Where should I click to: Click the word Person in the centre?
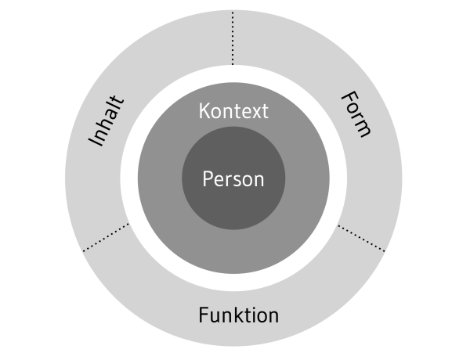pyautogui.click(x=233, y=179)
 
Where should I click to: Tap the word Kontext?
pyautogui.click(x=233, y=111)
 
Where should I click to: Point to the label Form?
pyautogui.click(x=355, y=114)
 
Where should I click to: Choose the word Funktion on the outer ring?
pyautogui.click(x=238, y=316)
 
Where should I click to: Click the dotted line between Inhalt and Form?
pyautogui.click(x=233, y=39)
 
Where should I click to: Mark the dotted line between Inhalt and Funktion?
pyautogui.click(x=106, y=238)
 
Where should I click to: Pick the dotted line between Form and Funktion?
pyautogui.click(x=361, y=238)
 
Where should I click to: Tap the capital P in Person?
pyautogui.click(x=208, y=179)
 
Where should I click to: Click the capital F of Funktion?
pyautogui.click(x=203, y=316)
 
